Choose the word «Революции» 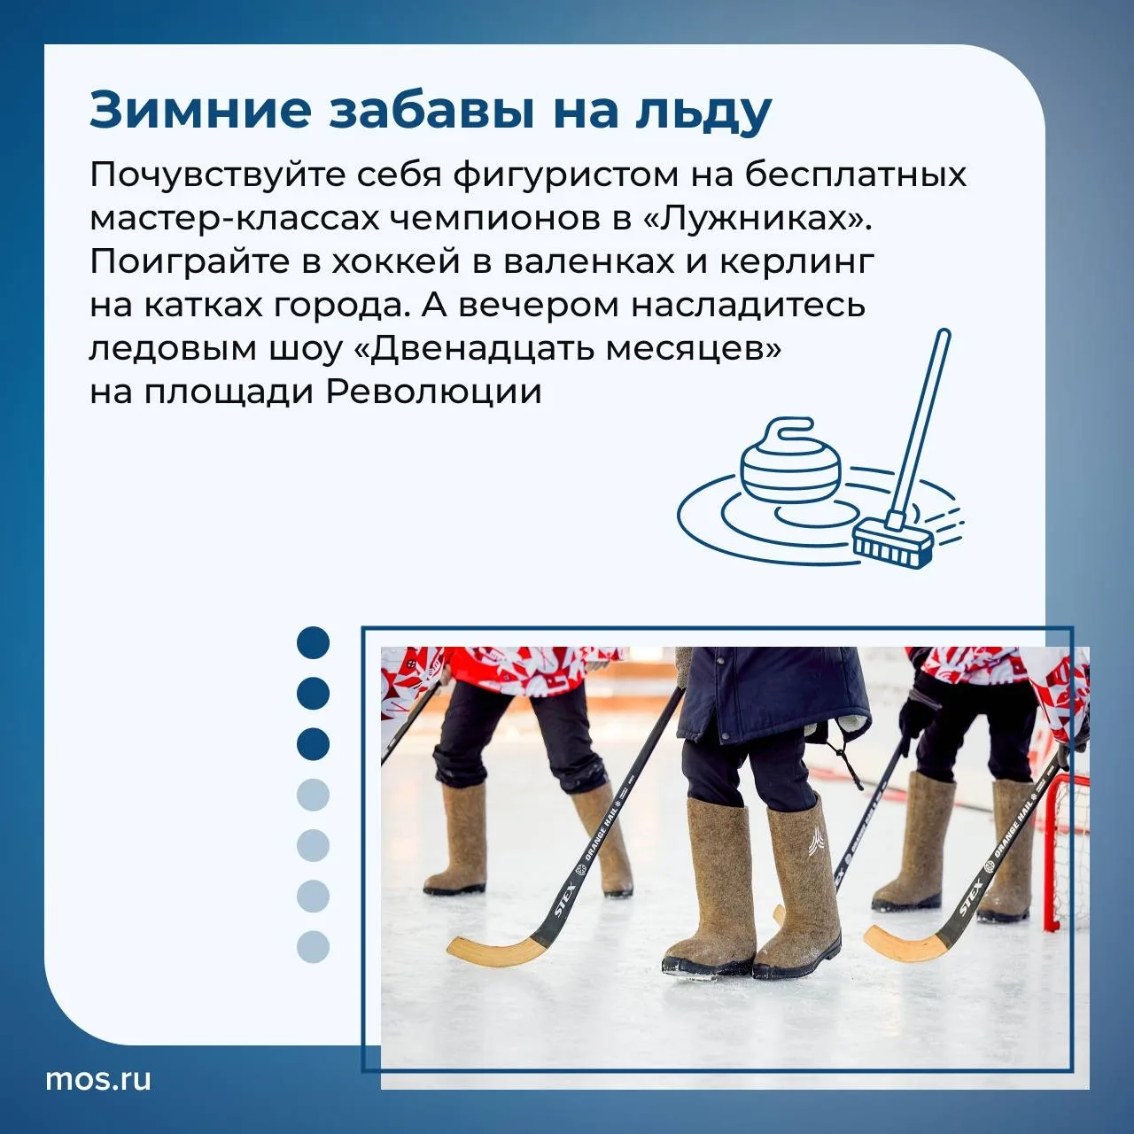coord(434,392)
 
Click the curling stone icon coord(790,456)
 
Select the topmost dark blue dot coord(313,642)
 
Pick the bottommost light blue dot coord(313,947)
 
